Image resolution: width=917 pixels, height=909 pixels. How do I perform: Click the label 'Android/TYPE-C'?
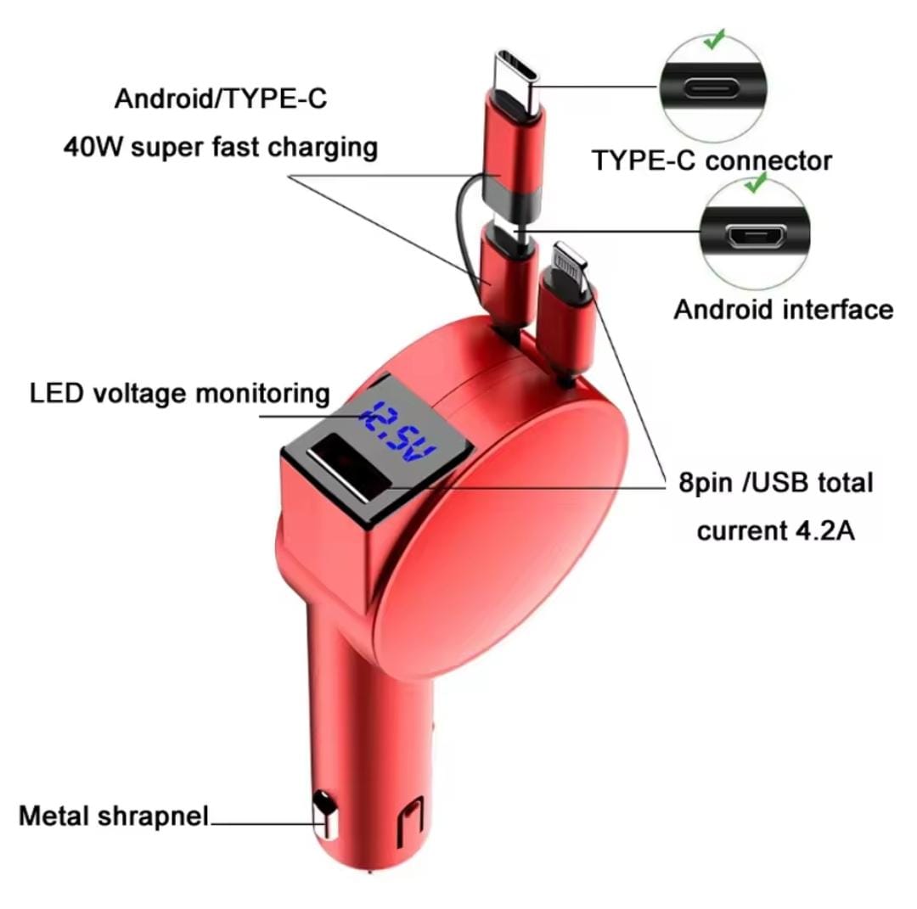[220, 99]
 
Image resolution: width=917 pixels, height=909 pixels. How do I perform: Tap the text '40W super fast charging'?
[220, 147]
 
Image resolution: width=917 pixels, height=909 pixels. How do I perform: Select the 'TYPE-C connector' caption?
[712, 160]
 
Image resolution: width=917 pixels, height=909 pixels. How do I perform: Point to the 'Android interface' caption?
[783, 309]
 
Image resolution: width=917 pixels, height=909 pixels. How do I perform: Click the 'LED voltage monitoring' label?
[179, 393]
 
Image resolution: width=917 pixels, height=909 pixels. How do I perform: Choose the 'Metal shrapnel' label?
[113, 816]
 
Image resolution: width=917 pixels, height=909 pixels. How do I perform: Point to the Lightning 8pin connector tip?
[567, 258]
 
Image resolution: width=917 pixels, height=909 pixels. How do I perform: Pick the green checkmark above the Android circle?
[755, 182]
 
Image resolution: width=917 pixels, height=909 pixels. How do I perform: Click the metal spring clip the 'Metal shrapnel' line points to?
[323, 817]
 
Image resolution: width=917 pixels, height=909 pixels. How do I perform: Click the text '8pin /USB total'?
[775, 483]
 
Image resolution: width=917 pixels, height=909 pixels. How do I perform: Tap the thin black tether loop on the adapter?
[463, 225]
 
